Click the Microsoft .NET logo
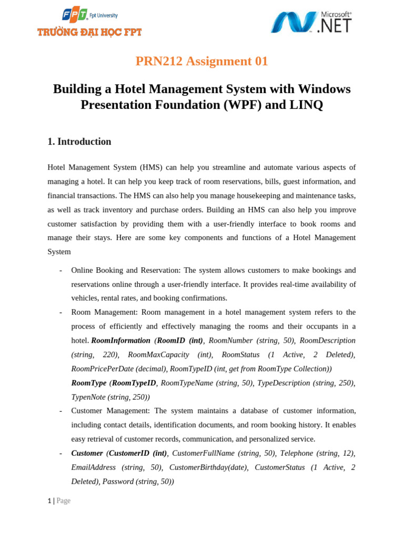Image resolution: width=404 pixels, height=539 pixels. (311, 22)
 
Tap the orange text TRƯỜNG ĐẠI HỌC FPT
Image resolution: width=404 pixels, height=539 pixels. (89, 33)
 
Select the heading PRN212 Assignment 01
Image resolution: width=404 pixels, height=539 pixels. (201, 61)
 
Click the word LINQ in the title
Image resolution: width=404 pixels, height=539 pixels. (305, 105)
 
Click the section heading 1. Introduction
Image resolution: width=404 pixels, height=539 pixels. (79, 141)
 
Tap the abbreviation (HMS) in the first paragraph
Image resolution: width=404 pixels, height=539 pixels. (151, 167)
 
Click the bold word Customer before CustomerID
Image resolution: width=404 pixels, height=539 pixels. (87, 453)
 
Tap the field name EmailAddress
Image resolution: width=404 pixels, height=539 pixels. (94, 467)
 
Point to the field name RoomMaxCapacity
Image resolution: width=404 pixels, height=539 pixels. (156, 354)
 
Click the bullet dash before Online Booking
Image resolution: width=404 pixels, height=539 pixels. (61, 270)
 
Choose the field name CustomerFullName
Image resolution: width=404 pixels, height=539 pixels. (204, 453)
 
